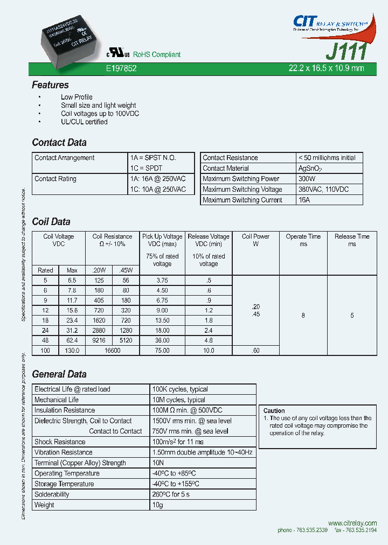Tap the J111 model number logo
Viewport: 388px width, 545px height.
click(347, 51)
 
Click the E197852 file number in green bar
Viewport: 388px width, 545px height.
click(121, 68)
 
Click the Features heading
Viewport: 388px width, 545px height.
click(50, 85)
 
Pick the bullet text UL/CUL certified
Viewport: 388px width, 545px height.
click(84, 122)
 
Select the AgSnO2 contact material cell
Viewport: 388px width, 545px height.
click(311, 169)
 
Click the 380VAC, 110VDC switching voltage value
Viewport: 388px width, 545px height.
click(323, 190)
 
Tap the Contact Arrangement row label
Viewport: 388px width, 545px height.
click(64, 158)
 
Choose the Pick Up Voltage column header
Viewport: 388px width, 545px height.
click(162, 236)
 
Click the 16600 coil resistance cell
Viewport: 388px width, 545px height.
click(112, 350)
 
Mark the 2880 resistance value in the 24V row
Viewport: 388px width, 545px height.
click(99, 330)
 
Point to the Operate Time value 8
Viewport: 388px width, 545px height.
click(303, 315)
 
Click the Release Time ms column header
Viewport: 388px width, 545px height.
click(352, 240)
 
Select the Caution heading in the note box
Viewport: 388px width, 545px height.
click(274, 410)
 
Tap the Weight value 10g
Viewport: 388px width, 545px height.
click(158, 505)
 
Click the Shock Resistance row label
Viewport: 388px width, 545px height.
click(60, 442)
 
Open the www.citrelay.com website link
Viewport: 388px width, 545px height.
click(352, 523)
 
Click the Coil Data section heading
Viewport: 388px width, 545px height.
click(51, 222)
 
